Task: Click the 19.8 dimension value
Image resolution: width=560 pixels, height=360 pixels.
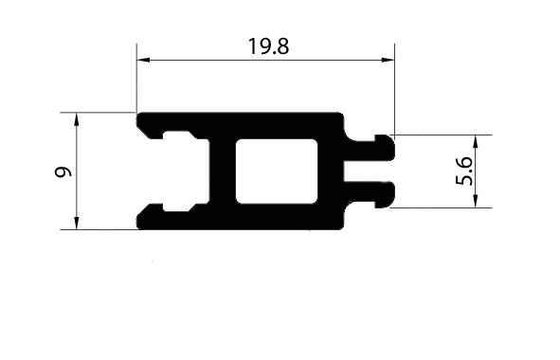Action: coord(268,46)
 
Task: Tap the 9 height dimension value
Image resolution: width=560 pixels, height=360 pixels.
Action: coord(63,171)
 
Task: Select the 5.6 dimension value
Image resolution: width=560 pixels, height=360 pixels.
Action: coord(464,171)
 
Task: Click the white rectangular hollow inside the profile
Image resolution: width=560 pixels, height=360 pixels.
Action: coord(277,171)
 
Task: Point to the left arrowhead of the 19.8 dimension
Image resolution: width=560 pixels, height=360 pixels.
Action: coord(143,60)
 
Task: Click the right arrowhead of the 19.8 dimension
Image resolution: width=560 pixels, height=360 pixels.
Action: coord(388,60)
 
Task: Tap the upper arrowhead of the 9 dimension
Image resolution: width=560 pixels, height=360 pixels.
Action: coord(76,119)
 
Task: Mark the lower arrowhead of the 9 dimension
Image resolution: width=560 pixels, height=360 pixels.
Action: coord(76,223)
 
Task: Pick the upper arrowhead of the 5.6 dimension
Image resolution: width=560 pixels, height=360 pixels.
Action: coord(475,142)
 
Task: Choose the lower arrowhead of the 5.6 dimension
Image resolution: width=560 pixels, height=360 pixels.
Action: coord(475,201)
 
